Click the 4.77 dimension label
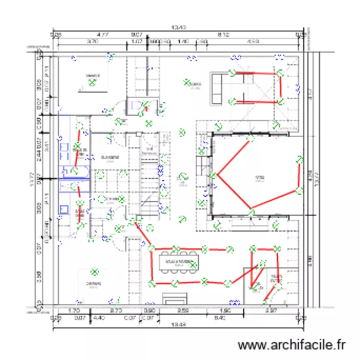(102, 35)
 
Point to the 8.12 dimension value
(223, 35)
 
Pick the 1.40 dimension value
(182, 42)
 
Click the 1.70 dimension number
(74, 311)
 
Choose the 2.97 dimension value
(272, 311)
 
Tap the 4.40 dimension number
(99, 317)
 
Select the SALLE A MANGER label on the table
(179, 262)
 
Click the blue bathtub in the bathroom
(74, 171)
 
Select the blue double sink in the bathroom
(64, 148)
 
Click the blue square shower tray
(64, 209)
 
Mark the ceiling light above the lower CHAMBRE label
(95, 272)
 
